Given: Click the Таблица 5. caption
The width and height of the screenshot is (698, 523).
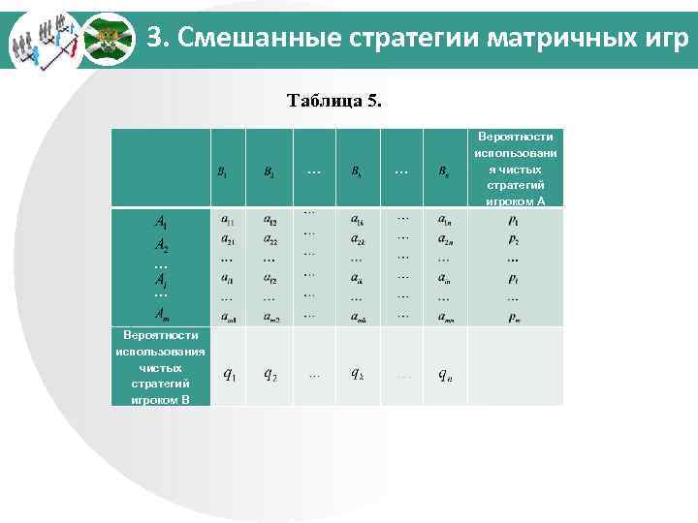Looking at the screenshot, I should click(334, 101).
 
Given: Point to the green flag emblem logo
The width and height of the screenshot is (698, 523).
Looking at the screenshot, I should click(106, 40).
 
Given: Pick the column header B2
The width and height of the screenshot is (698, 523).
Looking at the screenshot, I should click(269, 172).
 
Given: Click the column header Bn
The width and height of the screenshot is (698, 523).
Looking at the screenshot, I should click(443, 172).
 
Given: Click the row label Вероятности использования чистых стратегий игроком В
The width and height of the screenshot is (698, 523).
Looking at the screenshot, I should click(160, 367).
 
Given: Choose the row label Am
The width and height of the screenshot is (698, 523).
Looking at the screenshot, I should click(161, 312).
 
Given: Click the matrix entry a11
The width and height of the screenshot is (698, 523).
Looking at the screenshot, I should click(226, 222).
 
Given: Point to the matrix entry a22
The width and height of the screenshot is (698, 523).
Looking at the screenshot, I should click(270, 239).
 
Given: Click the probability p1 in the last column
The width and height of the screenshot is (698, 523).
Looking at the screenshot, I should click(513, 222).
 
